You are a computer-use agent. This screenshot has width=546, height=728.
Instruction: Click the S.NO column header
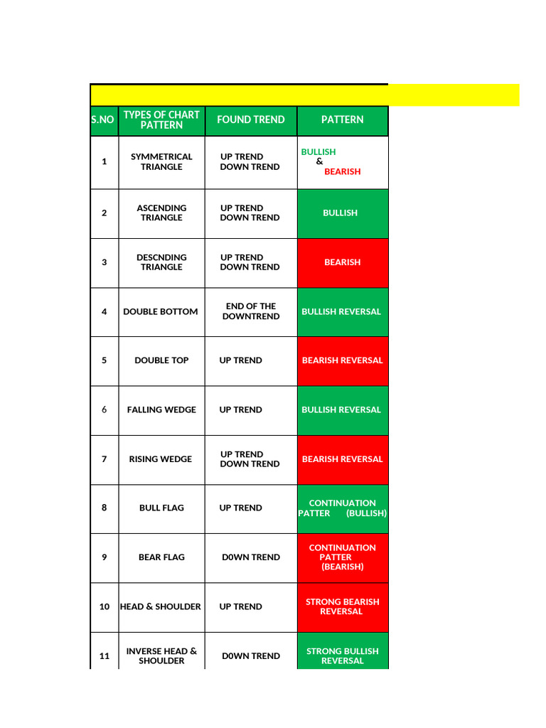104,120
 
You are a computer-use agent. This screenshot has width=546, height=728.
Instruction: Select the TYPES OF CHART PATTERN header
161,120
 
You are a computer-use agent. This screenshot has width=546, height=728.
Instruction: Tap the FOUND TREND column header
250,120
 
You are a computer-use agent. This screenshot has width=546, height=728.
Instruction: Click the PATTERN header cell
342,120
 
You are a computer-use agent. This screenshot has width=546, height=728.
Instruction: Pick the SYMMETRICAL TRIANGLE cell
161,162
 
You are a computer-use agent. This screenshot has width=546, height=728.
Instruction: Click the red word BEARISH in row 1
342,171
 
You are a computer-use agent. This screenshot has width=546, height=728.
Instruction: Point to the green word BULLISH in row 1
318,152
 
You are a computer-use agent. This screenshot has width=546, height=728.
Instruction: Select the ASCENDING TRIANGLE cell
161,213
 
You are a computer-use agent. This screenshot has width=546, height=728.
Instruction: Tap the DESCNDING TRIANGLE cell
161,262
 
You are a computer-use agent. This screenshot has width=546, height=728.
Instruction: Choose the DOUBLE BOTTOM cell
161,311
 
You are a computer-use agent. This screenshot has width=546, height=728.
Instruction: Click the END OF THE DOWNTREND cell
250,311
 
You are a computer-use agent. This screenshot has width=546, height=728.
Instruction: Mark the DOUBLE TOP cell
161,360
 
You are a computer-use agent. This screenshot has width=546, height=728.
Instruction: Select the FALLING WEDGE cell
161,409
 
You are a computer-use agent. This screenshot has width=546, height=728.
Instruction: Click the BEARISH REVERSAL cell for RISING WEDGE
342,459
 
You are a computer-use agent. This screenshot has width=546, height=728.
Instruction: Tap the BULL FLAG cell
161,508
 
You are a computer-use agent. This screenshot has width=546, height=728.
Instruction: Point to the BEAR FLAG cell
161,557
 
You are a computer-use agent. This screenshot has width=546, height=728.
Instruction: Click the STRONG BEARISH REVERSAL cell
342,606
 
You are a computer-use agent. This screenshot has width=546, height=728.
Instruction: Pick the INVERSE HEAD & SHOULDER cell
161,655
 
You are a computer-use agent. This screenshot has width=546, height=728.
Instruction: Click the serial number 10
105,606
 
